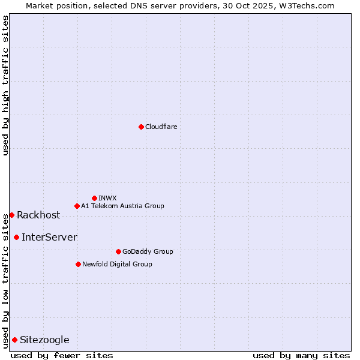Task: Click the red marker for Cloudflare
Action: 141,127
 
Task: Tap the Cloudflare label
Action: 161,127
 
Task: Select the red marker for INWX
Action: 94,198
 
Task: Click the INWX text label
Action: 107,198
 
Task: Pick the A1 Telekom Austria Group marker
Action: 77,206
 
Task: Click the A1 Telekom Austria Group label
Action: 122,206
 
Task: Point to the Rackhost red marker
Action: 11,215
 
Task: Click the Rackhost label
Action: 38,215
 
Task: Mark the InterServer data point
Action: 16,237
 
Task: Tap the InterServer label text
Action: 49,237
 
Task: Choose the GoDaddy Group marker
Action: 118,251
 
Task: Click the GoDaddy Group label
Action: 147,251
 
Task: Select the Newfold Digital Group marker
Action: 78,264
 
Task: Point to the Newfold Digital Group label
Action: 117,264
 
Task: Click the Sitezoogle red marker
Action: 14,340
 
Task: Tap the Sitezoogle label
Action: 44,340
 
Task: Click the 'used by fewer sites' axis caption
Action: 62,355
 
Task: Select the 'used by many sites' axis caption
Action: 301,355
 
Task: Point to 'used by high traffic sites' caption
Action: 5,85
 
